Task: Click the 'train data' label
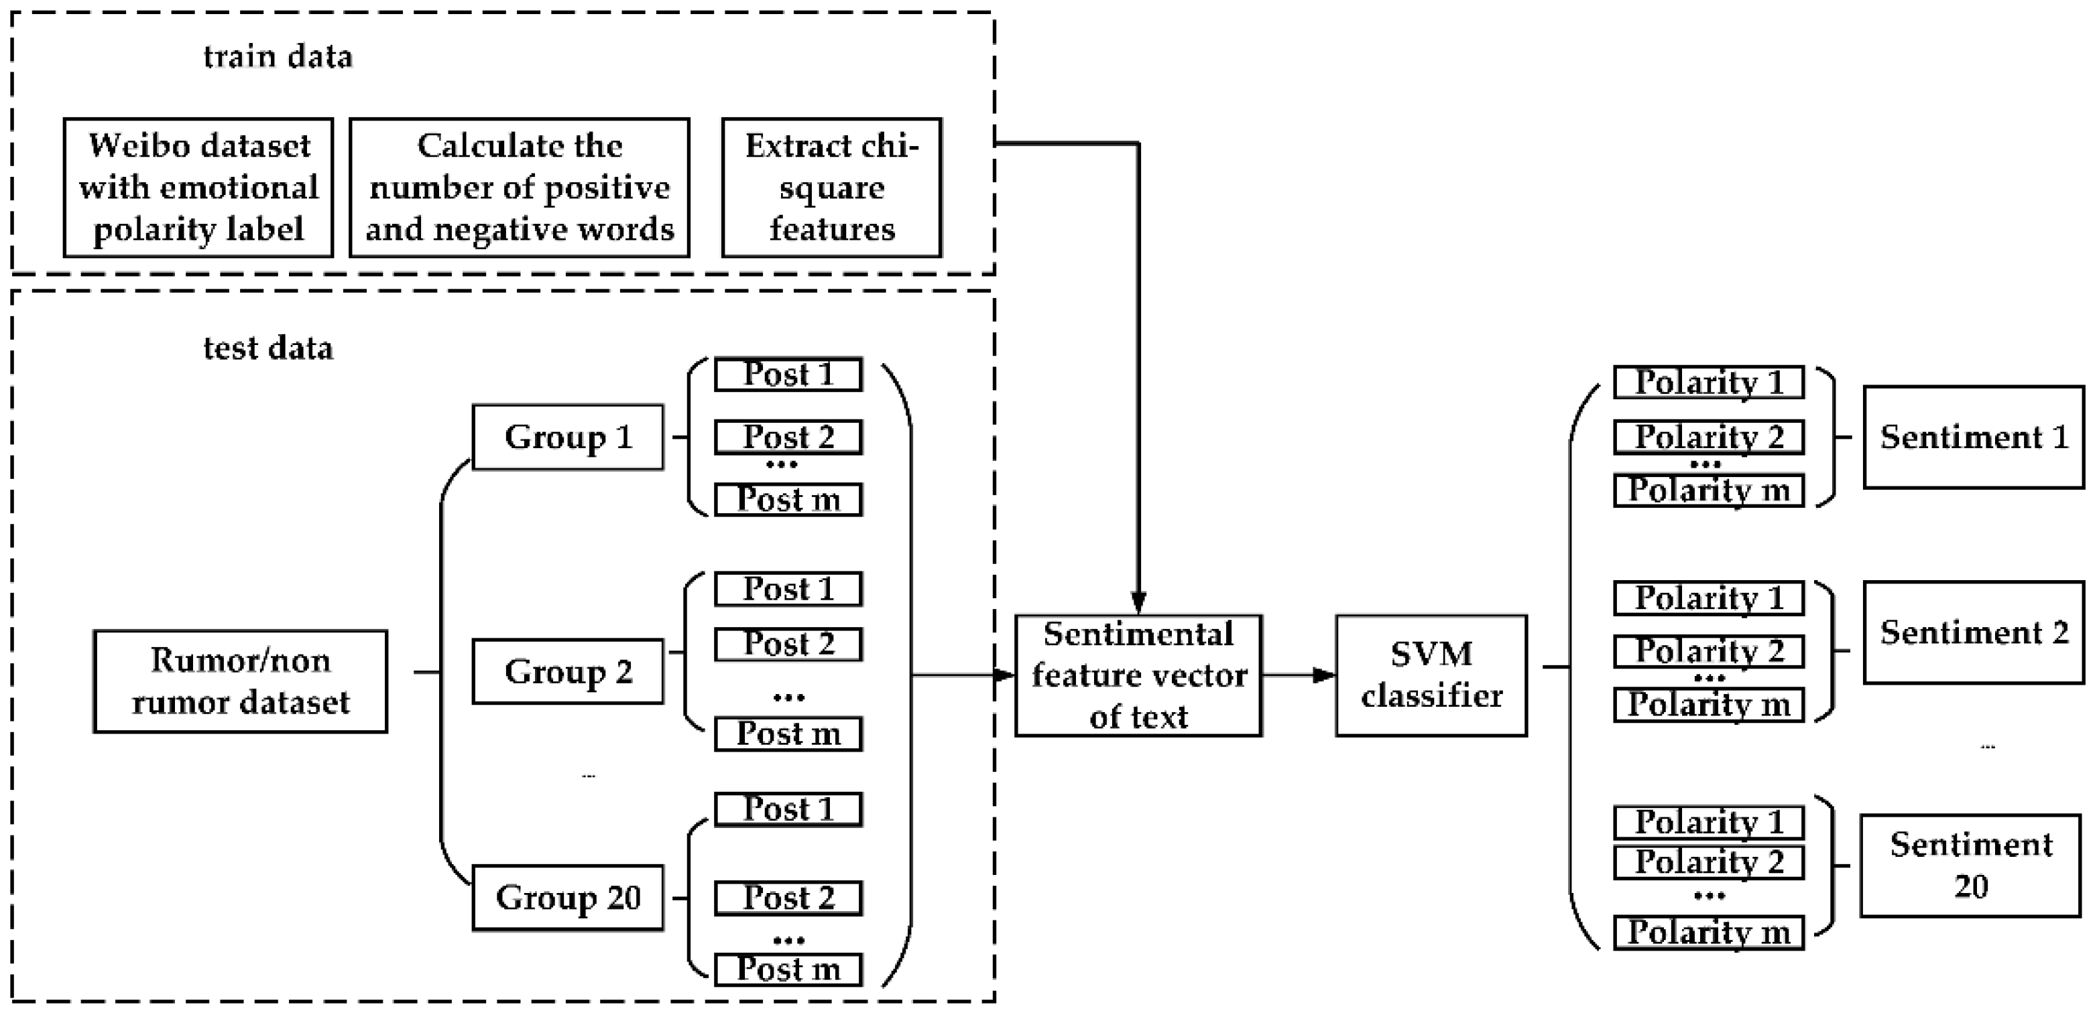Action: [278, 57]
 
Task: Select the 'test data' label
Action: [268, 348]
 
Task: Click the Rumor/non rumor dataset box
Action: [240, 682]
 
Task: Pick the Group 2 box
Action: [567, 672]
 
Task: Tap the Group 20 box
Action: [567, 898]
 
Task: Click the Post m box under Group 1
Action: [788, 500]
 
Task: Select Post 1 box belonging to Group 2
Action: [788, 589]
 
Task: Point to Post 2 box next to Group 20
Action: [788, 898]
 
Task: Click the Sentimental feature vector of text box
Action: [1138, 676]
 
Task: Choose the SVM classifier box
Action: [1431, 676]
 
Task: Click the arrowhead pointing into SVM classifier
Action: [1325, 675]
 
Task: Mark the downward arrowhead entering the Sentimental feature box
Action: [1138, 603]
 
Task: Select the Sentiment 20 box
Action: [1970, 866]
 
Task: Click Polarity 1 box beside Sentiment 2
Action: [1709, 598]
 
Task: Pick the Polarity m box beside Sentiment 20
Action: [1709, 933]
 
